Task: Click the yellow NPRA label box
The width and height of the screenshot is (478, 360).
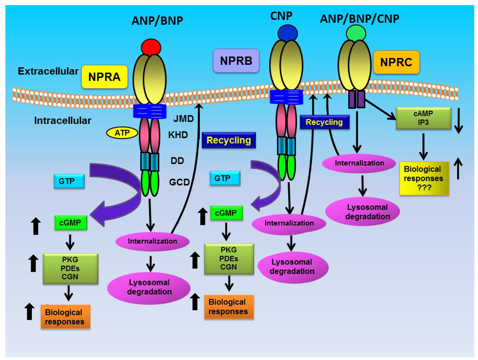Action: [x=105, y=77]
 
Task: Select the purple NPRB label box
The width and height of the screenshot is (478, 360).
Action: [x=236, y=61]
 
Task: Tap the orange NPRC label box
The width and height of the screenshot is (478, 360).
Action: [x=396, y=62]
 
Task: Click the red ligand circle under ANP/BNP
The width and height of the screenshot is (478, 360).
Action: [x=151, y=48]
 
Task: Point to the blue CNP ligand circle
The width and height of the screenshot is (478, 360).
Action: [x=287, y=33]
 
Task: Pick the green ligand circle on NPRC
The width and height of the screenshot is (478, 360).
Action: [x=356, y=33]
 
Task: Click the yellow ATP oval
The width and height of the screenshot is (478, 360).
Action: [x=122, y=133]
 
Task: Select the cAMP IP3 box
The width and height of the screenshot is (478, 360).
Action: [x=423, y=118]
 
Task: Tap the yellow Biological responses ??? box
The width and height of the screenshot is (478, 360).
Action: [x=424, y=178]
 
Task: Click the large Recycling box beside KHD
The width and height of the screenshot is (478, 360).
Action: [x=229, y=140]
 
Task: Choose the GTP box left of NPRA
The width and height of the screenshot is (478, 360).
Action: [x=69, y=181]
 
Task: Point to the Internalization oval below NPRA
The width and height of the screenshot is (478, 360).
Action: [x=152, y=241]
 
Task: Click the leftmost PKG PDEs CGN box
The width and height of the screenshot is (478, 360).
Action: [x=70, y=268]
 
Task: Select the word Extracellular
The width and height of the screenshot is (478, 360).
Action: [x=48, y=71]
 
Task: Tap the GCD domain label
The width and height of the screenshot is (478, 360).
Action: [x=179, y=182]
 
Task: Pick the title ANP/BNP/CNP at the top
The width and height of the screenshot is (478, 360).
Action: [x=359, y=18]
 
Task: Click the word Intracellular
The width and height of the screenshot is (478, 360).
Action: [x=63, y=121]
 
